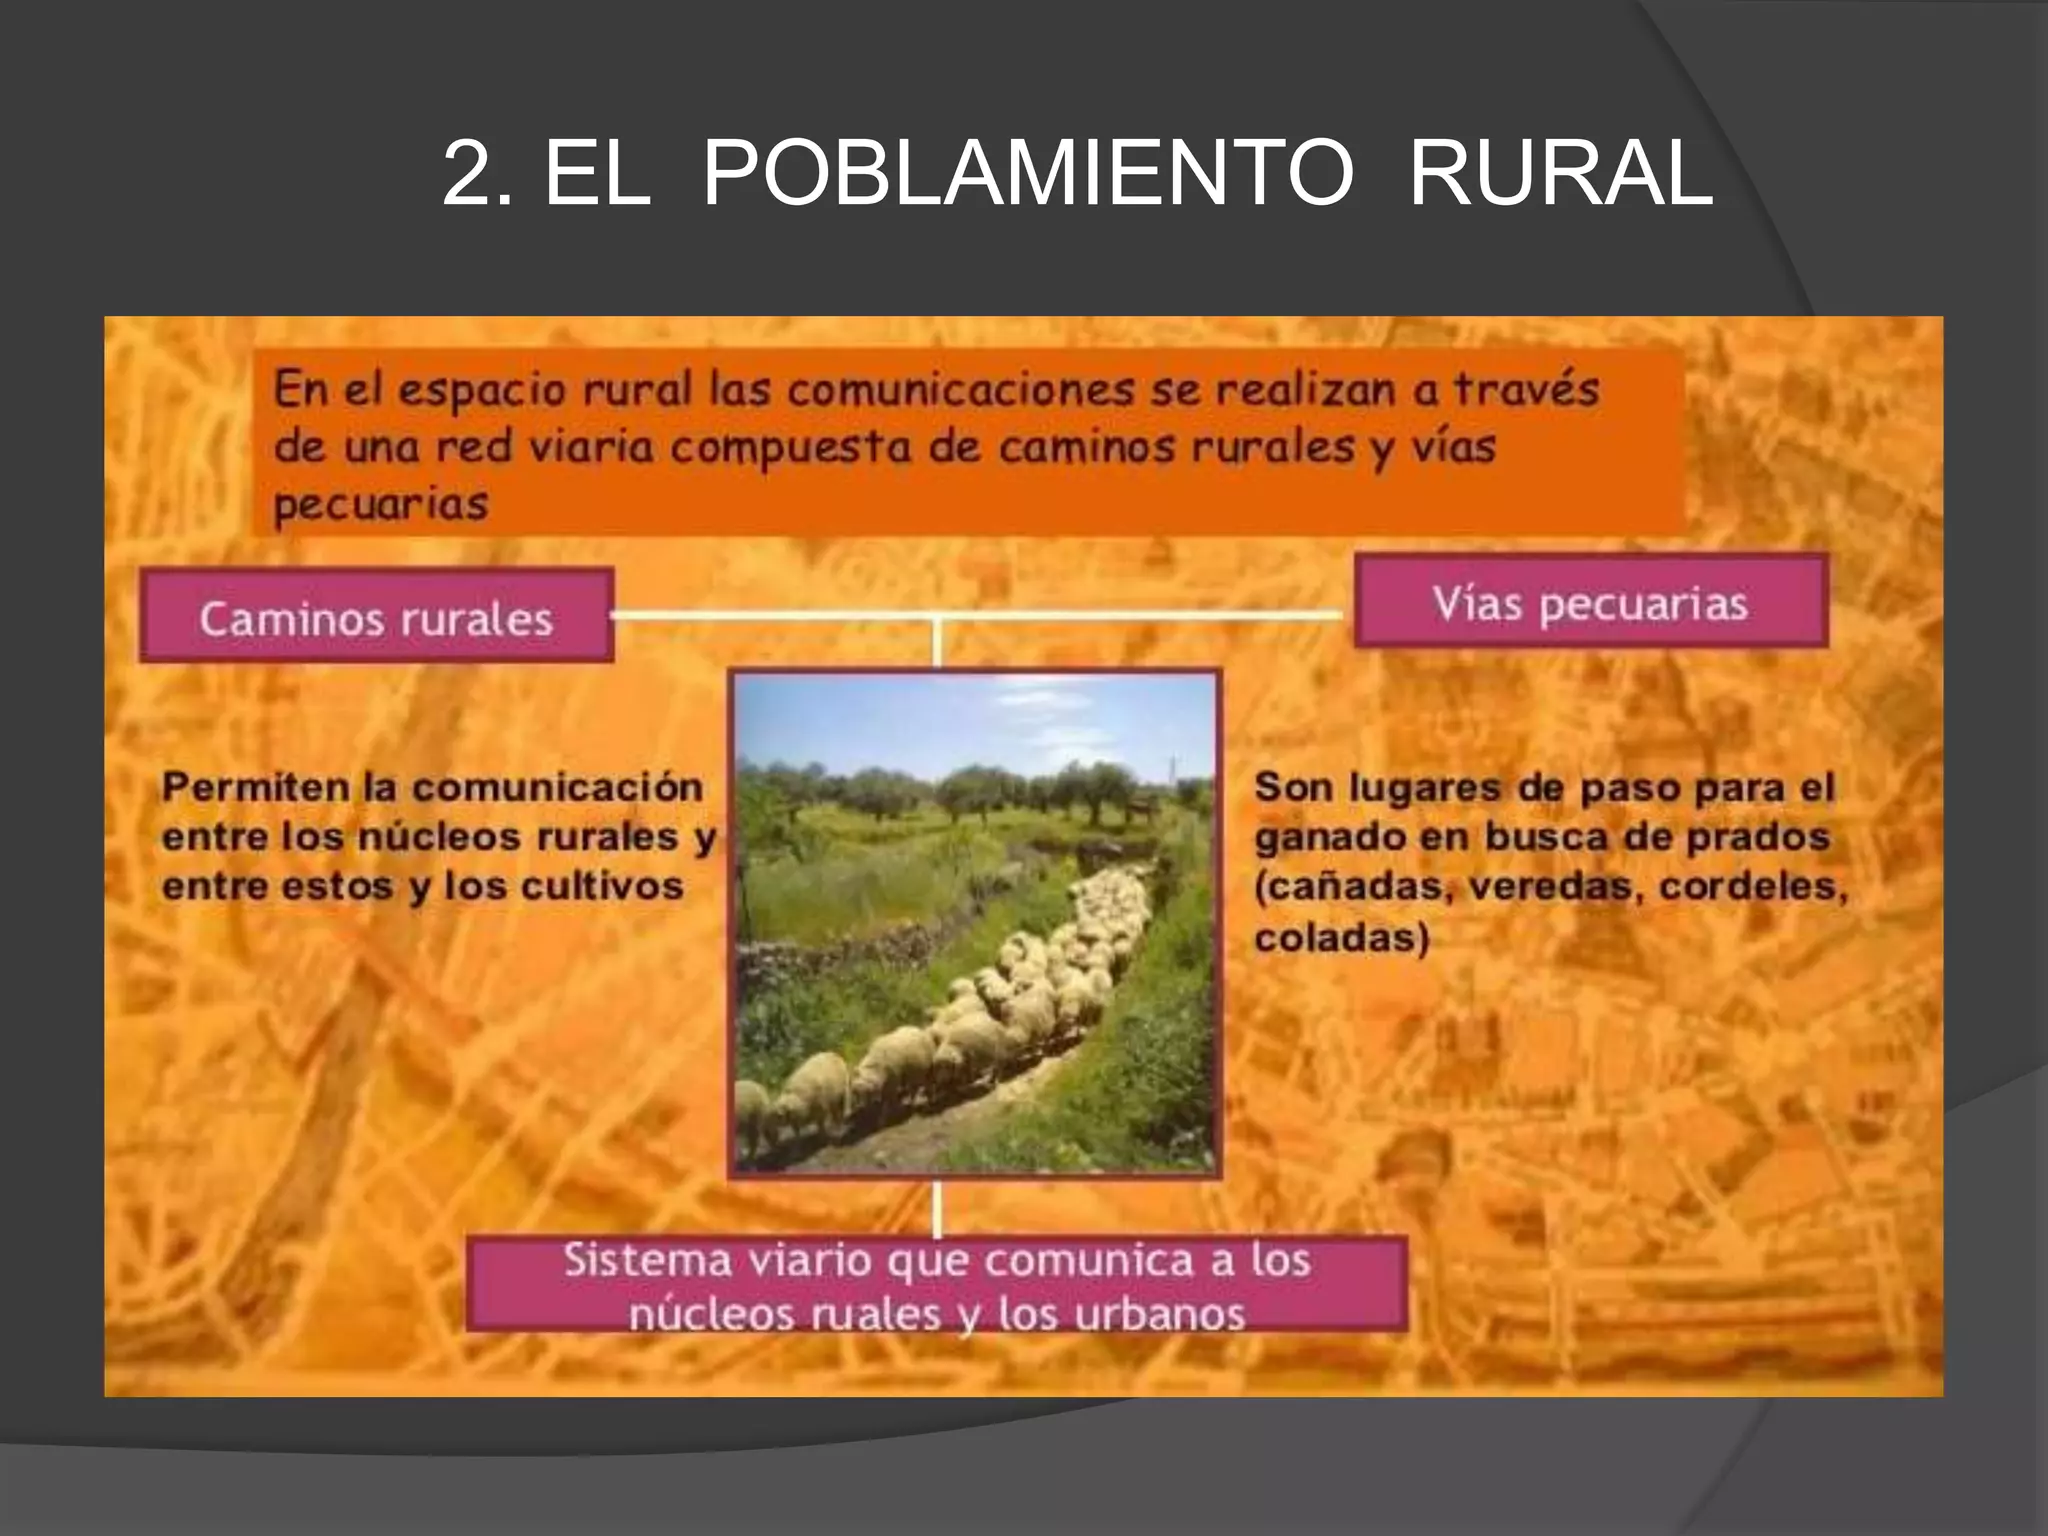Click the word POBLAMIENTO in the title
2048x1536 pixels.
(1028, 173)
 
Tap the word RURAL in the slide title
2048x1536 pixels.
(1561, 173)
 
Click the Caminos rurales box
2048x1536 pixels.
(376, 616)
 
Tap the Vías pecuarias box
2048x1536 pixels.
(1590, 602)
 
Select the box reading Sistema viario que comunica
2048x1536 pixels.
(937, 1284)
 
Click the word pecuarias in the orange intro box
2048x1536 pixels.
(381, 504)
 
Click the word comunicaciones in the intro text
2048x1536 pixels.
(960, 389)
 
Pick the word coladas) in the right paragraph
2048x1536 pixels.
(1341, 938)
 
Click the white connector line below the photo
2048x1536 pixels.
(937, 1208)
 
